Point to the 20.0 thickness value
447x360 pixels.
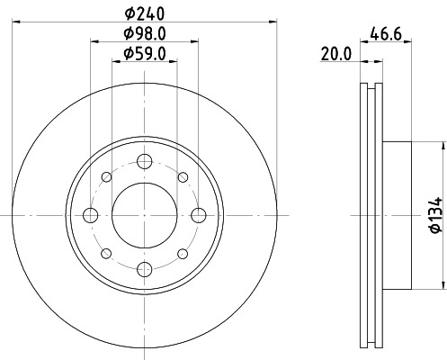335,55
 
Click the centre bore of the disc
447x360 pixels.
143,215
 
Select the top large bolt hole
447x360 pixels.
143,161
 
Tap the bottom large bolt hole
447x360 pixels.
143,268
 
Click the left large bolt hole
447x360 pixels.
90,215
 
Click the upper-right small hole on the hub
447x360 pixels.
181,177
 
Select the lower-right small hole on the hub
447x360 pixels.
181,253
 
